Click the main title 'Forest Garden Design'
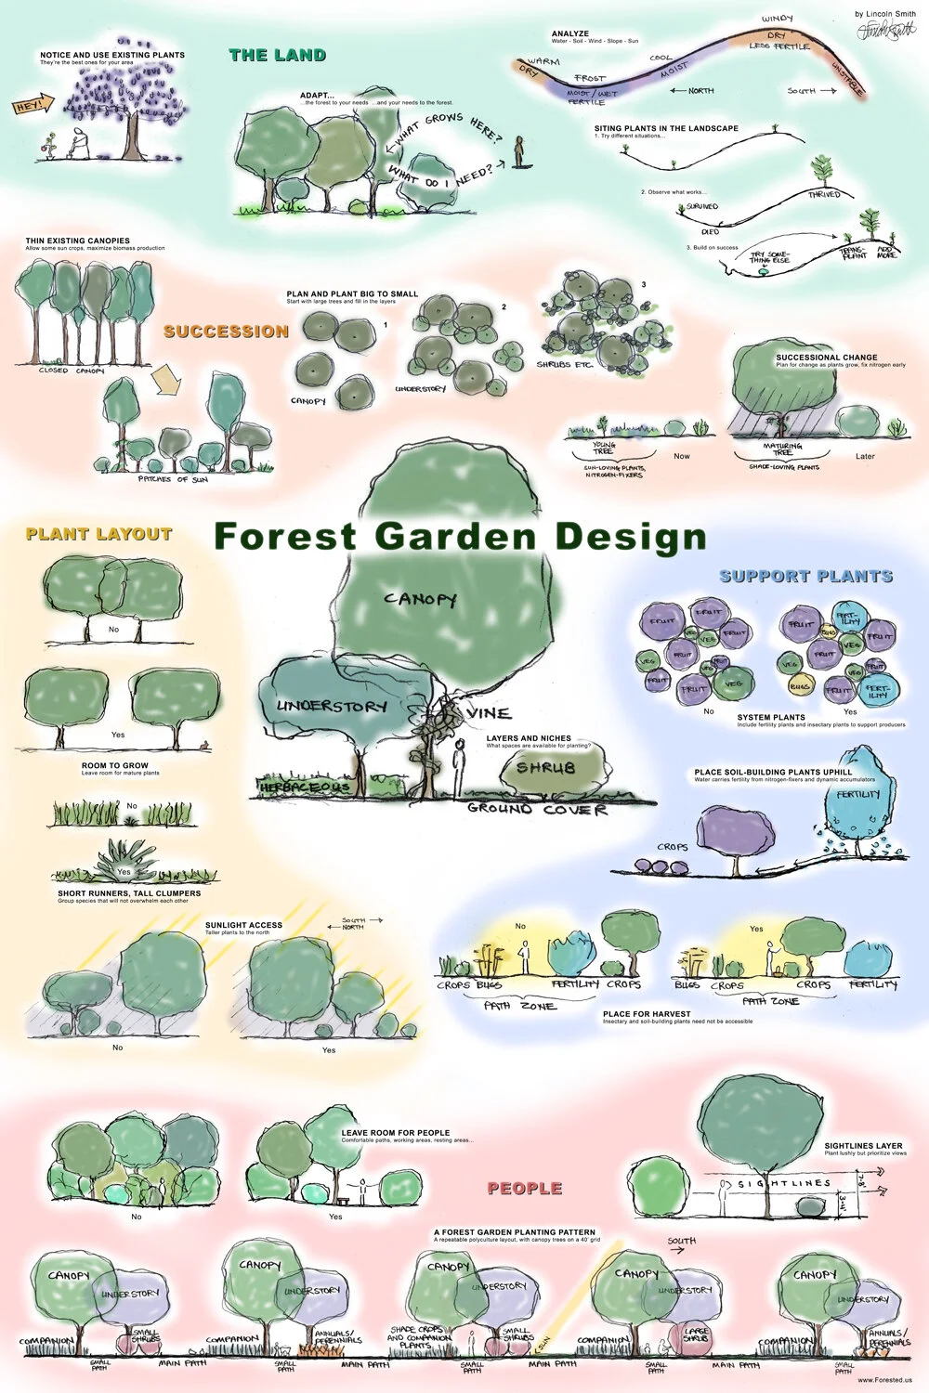(x=460, y=537)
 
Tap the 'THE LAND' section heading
(x=277, y=56)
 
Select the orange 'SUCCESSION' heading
(x=226, y=332)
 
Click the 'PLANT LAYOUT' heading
(x=98, y=534)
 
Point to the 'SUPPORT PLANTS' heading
(x=805, y=576)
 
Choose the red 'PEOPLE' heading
(x=525, y=1189)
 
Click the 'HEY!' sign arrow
(x=26, y=108)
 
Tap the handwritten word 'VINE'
(x=489, y=713)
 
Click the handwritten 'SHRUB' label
(x=546, y=768)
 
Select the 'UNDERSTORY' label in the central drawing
(x=331, y=707)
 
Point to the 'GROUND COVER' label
(x=537, y=810)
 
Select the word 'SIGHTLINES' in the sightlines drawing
(x=784, y=1184)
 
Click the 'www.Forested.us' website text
(x=885, y=1380)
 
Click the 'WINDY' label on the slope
(x=777, y=20)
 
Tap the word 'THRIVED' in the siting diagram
(x=823, y=195)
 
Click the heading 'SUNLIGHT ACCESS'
(x=243, y=925)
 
